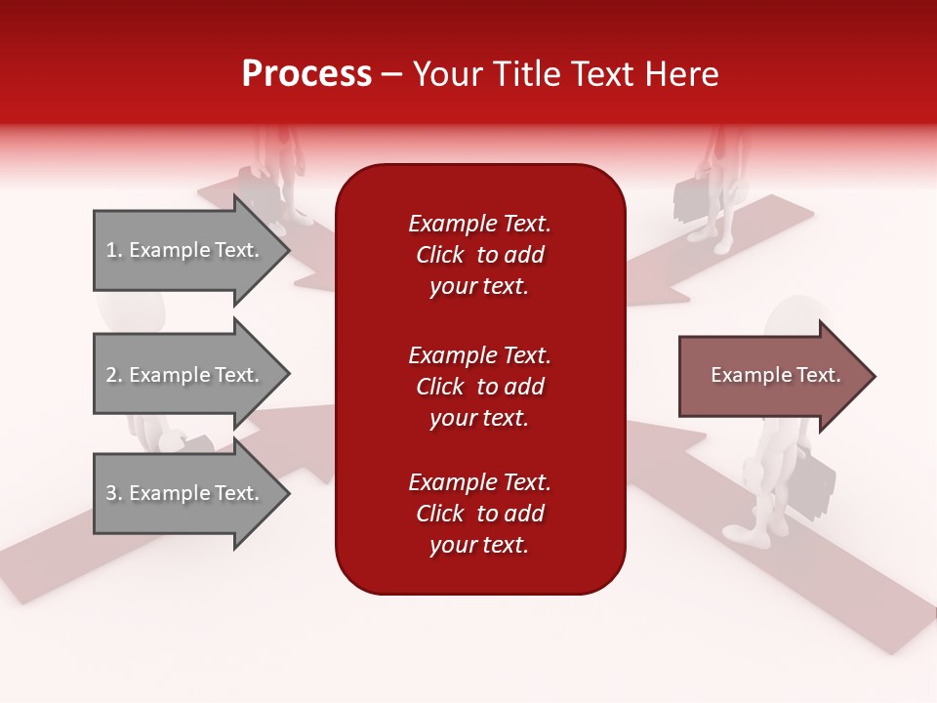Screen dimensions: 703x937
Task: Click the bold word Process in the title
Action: click(306, 74)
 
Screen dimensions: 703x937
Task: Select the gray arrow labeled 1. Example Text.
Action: click(185, 250)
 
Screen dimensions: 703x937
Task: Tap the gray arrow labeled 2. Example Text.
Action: click(185, 375)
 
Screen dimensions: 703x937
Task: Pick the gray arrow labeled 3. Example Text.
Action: click(185, 493)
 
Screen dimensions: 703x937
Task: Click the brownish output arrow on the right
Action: click(771, 375)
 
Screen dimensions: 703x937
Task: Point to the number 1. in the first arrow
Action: click(114, 250)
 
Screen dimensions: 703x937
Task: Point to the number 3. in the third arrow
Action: click(114, 493)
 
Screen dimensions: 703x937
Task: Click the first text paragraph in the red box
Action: click(479, 255)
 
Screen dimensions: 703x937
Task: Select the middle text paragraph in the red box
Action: click(479, 387)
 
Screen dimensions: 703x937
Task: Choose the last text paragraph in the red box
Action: click(479, 514)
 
